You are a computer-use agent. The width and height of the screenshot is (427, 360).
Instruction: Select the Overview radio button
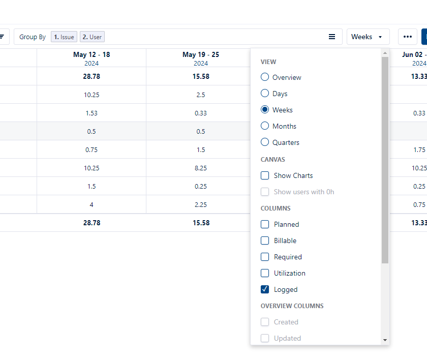[265, 77]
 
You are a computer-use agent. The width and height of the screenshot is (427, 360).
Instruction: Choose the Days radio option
[265, 94]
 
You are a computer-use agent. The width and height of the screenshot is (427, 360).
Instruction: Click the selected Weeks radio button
[265, 110]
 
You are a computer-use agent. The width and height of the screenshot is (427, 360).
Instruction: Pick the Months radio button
[265, 126]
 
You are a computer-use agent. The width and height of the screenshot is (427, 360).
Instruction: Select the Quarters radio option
[265, 142]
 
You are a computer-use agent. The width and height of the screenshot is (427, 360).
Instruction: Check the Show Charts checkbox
[265, 175]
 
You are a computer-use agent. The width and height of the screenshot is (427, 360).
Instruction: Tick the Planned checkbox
[265, 224]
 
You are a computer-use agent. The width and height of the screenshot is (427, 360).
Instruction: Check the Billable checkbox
[265, 241]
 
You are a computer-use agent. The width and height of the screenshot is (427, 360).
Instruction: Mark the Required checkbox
[265, 257]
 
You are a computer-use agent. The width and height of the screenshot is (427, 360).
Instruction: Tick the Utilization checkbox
[265, 273]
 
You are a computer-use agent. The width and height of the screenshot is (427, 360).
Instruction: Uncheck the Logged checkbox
[265, 289]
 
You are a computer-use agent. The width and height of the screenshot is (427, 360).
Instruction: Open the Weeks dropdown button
[368, 37]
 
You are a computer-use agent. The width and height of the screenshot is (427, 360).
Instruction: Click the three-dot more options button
[407, 37]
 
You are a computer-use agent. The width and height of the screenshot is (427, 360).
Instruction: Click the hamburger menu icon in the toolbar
[332, 37]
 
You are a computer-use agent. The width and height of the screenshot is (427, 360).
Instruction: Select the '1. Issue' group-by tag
[64, 37]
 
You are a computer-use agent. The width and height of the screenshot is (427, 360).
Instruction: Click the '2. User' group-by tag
[92, 37]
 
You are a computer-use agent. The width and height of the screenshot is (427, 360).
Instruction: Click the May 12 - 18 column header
[91, 55]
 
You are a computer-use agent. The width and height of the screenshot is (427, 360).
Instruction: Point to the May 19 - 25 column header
[201, 55]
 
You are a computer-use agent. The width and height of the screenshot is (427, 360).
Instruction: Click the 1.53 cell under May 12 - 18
[91, 113]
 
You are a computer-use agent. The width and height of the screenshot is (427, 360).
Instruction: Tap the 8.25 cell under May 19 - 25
[201, 168]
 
